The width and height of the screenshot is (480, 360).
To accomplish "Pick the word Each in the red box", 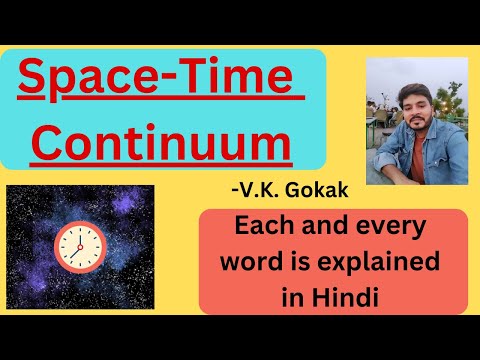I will (x=259, y=228).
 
